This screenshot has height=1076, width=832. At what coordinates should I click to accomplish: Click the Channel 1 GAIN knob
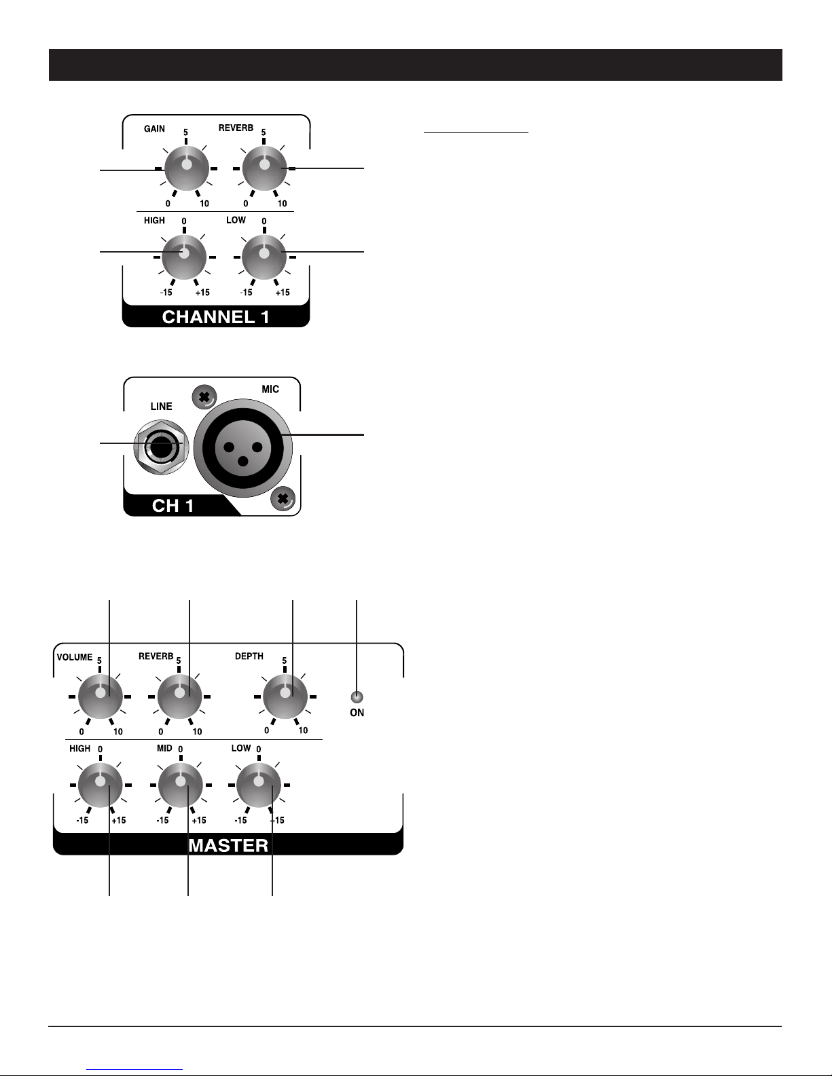click(x=186, y=168)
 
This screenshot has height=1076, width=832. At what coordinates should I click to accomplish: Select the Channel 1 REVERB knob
click(x=264, y=168)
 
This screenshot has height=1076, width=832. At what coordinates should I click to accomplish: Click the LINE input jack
click(x=162, y=447)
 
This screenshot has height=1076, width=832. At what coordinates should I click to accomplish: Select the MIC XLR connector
click(x=242, y=447)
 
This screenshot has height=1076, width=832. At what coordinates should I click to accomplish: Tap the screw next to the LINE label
click(x=204, y=397)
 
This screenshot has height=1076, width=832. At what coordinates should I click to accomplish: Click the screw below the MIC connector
click(x=283, y=499)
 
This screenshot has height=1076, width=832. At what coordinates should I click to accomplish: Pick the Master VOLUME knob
click(x=100, y=697)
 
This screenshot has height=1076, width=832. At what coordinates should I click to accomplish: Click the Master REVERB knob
click(x=179, y=697)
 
